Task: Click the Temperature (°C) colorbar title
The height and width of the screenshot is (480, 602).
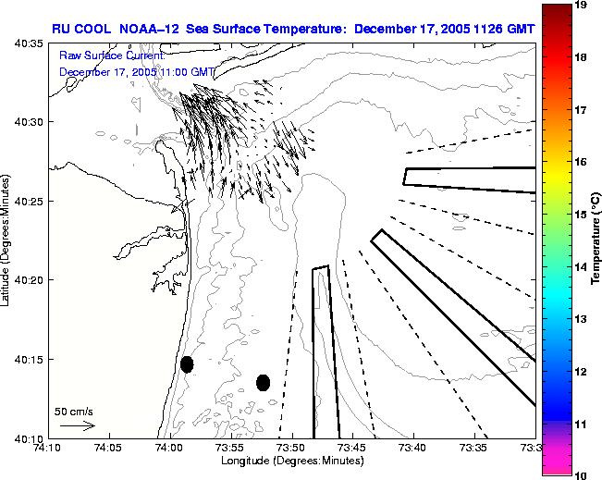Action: click(x=597, y=240)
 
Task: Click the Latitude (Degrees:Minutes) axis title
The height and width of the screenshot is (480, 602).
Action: click(x=7, y=240)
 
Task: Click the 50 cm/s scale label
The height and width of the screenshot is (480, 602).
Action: click(x=73, y=411)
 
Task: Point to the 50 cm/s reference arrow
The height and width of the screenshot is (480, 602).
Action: click(x=77, y=425)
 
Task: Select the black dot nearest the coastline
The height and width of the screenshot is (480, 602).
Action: click(x=187, y=364)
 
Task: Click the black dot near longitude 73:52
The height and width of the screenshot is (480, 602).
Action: click(x=263, y=382)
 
